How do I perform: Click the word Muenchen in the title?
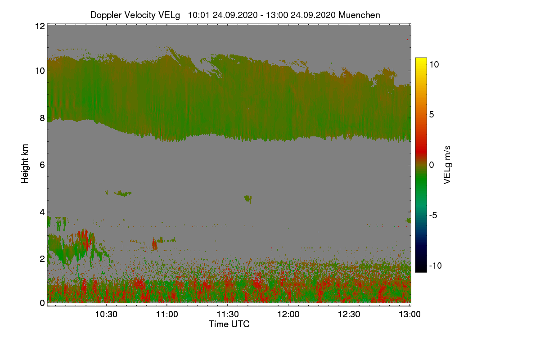click(x=359, y=15)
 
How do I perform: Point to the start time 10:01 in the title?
click(x=198, y=15)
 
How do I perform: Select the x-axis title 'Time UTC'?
click(x=229, y=324)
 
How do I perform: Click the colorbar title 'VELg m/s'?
click(x=447, y=165)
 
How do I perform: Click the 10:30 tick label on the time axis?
click(x=106, y=314)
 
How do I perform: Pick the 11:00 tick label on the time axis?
click(x=167, y=314)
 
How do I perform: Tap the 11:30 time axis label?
click(x=228, y=314)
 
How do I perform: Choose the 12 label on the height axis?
click(x=40, y=26)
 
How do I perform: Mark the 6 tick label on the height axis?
click(x=42, y=165)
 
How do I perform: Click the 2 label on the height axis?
click(x=42, y=258)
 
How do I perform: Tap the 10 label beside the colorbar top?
click(x=434, y=64)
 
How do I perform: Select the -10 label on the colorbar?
click(x=435, y=265)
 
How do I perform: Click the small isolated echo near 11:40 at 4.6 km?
click(x=248, y=198)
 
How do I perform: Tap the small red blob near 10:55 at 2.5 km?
click(x=155, y=244)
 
